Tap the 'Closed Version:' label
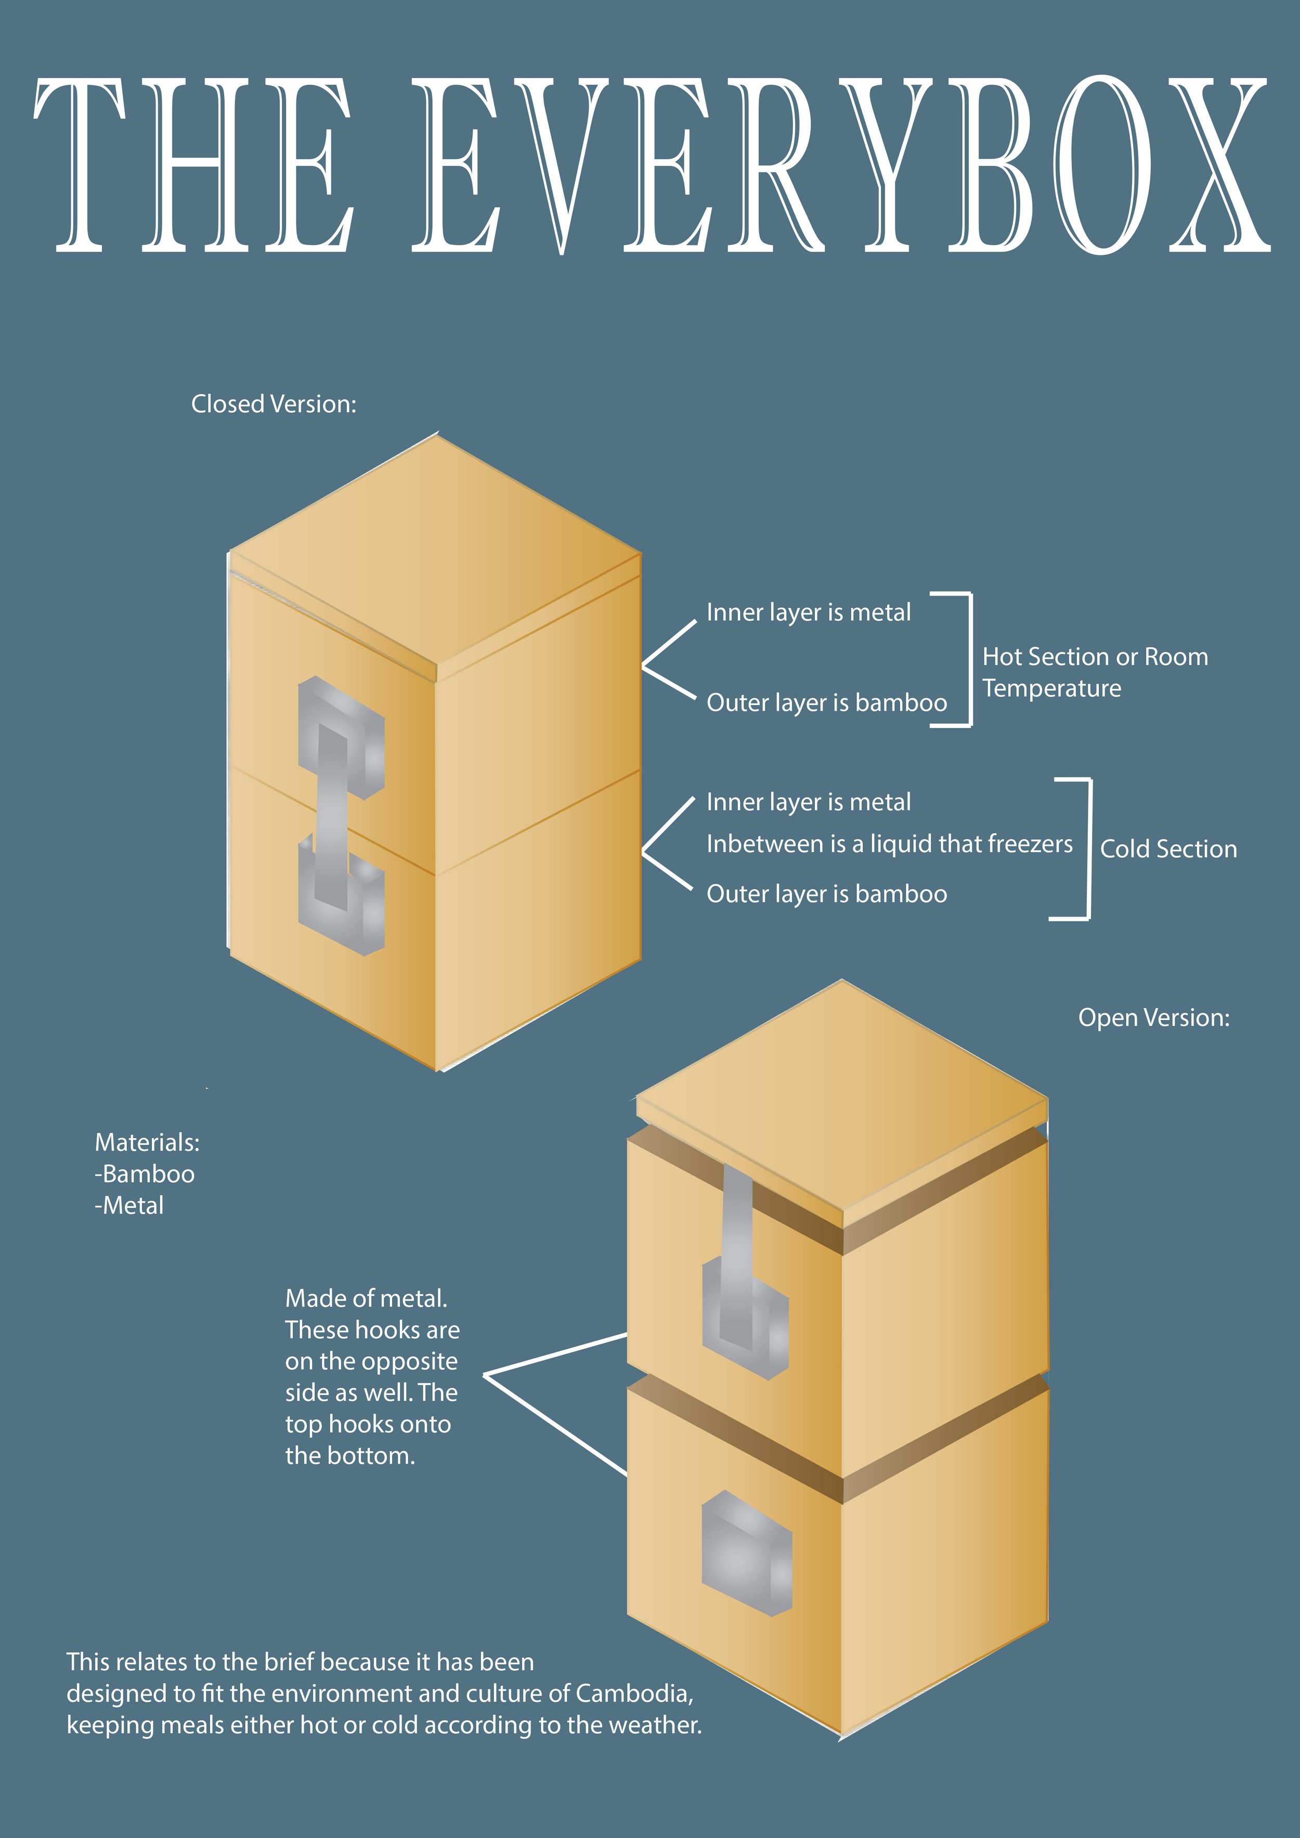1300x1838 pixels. (x=274, y=405)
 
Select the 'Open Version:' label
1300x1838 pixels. (x=1153, y=1018)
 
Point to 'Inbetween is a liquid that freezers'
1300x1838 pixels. (x=889, y=844)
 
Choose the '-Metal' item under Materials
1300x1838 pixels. (x=129, y=1206)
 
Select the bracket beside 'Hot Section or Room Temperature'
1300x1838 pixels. (x=969, y=660)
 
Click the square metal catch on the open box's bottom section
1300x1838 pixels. (x=746, y=1553)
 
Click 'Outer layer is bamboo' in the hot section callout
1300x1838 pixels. (x=826, y=703)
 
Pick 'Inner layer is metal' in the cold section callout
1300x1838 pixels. (x=809, y=802)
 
